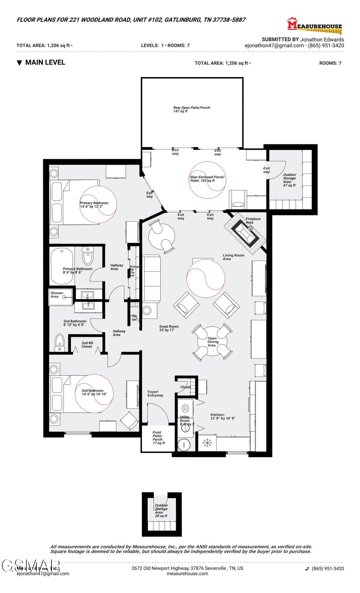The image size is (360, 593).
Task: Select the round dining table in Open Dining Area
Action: point(212,342)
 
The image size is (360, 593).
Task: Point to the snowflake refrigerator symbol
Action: point(207,443)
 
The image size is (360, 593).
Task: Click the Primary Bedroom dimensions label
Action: point(94,205)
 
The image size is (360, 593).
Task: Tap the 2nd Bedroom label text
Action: point(94,392)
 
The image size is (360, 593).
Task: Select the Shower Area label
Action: point(57,295)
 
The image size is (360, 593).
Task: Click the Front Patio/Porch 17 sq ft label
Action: point(158,438)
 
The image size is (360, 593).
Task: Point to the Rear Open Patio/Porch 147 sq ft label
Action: point(192,109)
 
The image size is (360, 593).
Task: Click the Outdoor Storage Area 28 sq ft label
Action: point(161,510)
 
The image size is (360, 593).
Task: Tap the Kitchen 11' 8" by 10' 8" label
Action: point(223,417)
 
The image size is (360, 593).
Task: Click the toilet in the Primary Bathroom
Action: point(88,256)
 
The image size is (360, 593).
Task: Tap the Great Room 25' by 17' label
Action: point(169,328)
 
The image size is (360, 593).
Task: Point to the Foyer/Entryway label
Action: point(155,393)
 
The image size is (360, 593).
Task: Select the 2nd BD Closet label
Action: point(87,345)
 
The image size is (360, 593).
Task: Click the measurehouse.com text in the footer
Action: point(187,573)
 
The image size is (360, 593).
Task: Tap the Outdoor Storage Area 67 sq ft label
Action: point(289,180)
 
